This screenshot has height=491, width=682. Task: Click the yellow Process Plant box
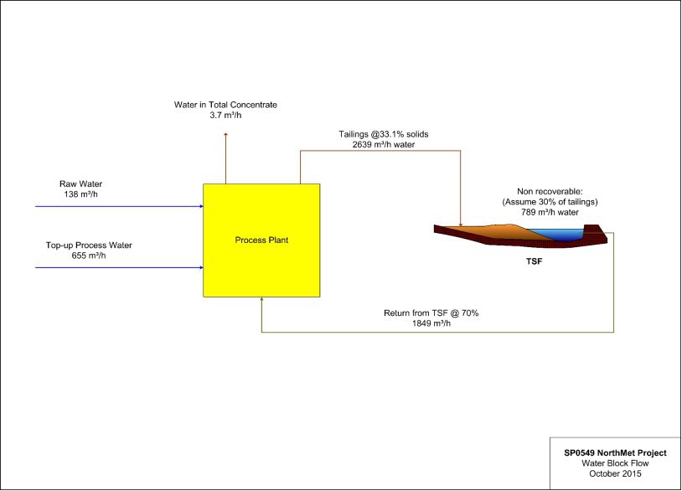(x=261, y=240)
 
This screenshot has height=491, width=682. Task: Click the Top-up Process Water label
(x=89, y=245)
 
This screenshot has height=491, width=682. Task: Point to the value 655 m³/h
(x=89, y=256)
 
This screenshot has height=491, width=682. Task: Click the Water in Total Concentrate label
(x=225, y=105)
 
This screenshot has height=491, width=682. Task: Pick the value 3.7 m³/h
(x=225, y=116)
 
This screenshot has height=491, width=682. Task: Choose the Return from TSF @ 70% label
(x=431, y=313)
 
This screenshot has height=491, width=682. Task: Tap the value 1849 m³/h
(x=431, y=323)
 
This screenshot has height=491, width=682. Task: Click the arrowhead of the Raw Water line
(x=200, y=205)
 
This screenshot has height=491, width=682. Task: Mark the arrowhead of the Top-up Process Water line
(x=200, y=267)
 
